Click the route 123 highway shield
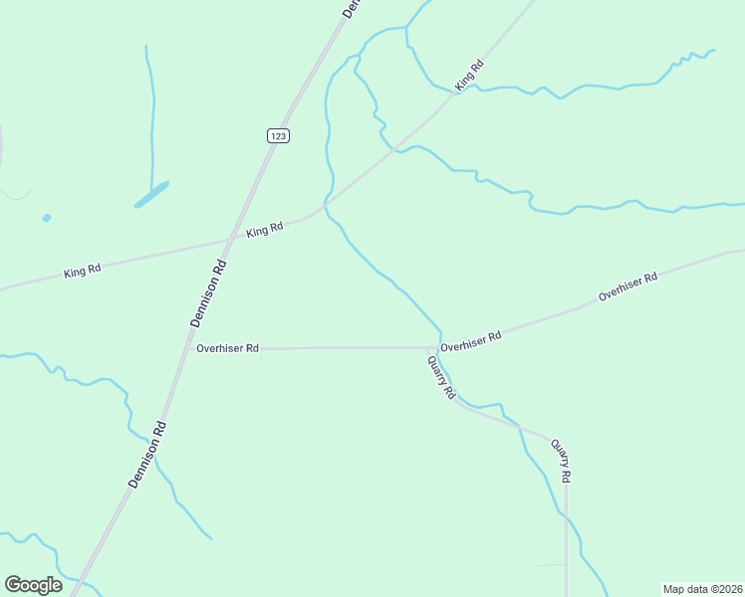[278, 135]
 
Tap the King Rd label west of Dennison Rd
[83, 271]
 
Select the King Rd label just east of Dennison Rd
[265, 229]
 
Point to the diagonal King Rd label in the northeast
[469, 76]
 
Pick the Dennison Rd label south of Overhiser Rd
[146, 453]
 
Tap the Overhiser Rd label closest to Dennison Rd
[227, 348]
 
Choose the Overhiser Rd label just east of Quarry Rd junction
[470, 340]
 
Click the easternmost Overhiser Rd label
[627, 287]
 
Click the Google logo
[33, 584]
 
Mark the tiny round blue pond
[47, 218]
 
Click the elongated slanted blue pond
[151, 194]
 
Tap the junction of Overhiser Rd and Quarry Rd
[430, 348]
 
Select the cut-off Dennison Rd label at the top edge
[350, 8]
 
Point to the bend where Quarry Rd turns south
[564, 440]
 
